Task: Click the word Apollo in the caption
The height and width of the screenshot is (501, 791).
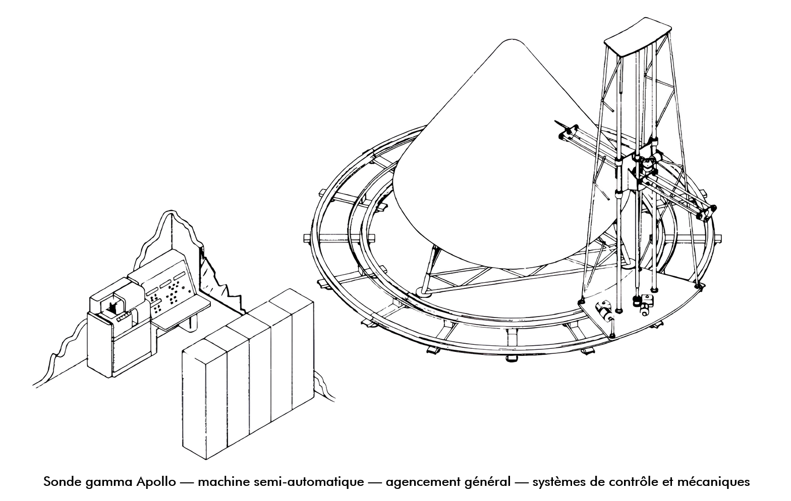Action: click(156, 482)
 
